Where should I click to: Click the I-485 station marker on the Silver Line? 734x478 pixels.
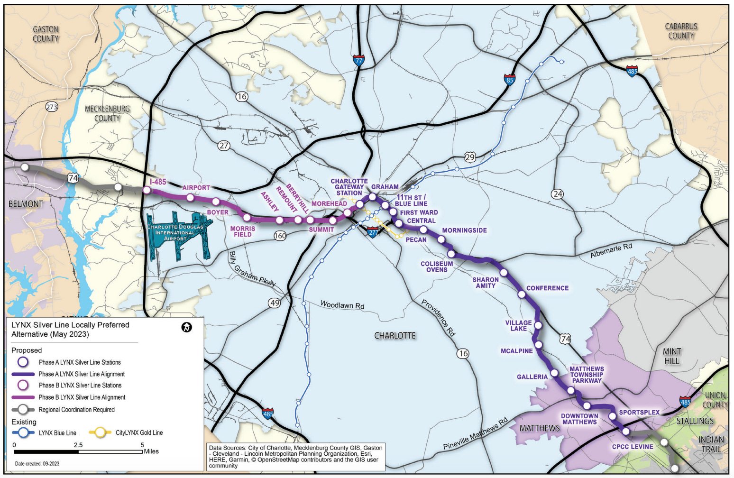coord(147,190)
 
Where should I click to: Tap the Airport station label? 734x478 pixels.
coord(196,188)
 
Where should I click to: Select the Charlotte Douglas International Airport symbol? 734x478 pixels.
coord(178,235)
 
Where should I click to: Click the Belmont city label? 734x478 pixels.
coord(26,204)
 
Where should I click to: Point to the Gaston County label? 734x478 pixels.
coord(46,34)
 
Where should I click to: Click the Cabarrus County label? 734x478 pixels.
coord(681,31)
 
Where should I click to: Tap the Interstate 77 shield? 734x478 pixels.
coord(358,61)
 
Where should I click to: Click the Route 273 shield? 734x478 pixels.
coord(52,107)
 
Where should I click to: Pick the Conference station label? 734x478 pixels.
coord(547,288)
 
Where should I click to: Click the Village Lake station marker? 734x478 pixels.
coord(538,325)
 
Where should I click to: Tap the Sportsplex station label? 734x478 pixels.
coord(639,412)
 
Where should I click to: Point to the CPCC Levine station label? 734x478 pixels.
coord(633,447)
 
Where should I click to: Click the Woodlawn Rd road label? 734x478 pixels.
coord(342,305)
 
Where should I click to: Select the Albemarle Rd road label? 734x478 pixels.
coord(611,251)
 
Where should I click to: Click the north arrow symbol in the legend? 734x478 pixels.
coord(187,327)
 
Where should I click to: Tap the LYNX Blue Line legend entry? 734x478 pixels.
coord(57,432)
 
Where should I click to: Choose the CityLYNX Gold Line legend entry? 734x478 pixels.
coord(139,432)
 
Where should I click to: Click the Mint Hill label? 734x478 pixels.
coord(672,356)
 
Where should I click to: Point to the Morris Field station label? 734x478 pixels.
coord(243,231)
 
